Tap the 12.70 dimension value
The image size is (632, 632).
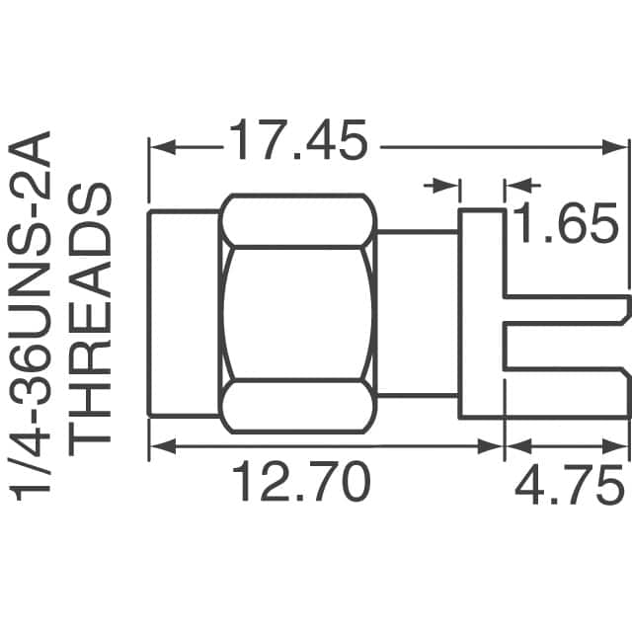[300, 484]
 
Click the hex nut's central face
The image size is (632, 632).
[298, 314]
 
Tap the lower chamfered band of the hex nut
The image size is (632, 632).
[298, 408]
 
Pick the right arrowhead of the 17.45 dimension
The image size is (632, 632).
[618, 147]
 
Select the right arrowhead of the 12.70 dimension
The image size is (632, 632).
[494, 446]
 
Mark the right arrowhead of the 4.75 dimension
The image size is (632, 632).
[618, 446]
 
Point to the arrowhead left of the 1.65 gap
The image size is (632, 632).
[450, 185]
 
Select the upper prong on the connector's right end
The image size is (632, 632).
[568, 307]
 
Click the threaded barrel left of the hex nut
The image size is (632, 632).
[184, 314]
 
